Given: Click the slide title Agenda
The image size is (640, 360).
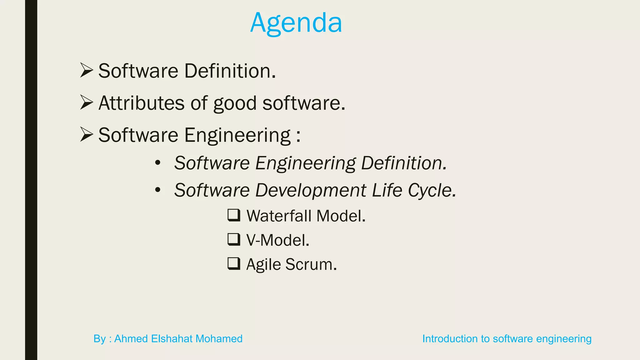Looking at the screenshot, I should [x=296, y=23].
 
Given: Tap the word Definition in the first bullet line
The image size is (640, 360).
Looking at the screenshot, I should [x=230, y=71].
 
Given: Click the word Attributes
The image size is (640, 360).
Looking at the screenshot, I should [x=141, y=103].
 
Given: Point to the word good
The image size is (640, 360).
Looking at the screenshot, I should [x=235, y=104].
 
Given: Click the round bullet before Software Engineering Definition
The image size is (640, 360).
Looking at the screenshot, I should [x=158, y=163].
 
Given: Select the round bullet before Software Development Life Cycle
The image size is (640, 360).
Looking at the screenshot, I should [x=158, y=190].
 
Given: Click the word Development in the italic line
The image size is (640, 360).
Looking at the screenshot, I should [x=311, y=190].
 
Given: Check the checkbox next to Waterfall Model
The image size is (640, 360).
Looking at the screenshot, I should [x=234, y=215].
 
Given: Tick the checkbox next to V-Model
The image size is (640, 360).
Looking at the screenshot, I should [x=234, y=239].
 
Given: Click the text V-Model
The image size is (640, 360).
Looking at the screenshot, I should [x=277, y=240].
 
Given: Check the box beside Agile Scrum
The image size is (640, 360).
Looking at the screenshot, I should [x=234, y=263].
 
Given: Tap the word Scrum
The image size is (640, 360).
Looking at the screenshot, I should [x=311, y=264].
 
